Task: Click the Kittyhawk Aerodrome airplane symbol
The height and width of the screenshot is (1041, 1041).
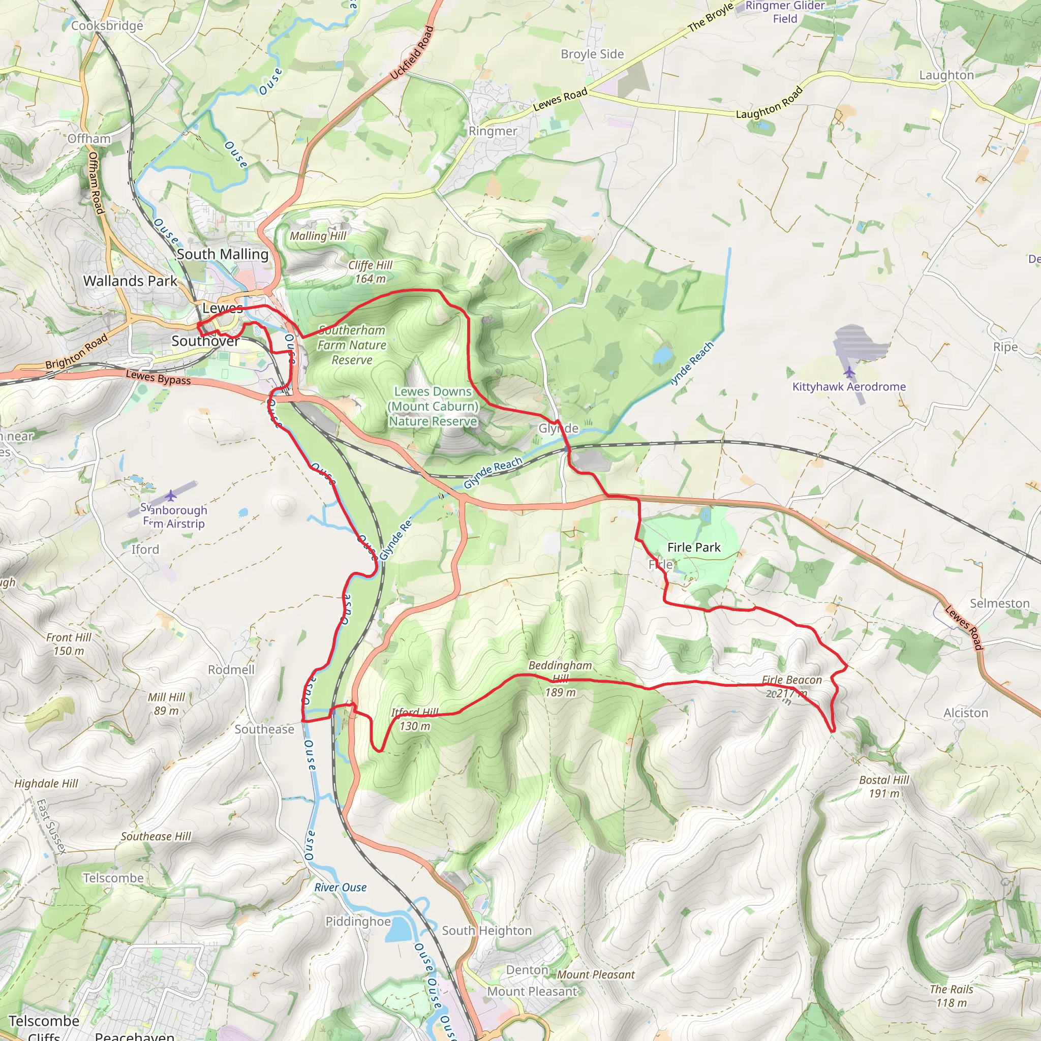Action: [849, 372]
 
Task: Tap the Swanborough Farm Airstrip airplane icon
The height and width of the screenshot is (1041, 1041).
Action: [171, 495]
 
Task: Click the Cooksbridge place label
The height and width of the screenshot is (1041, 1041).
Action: [107, 26]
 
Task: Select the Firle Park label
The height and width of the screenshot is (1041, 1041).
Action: [693, 547]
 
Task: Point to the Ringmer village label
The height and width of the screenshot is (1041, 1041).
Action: [493, 131]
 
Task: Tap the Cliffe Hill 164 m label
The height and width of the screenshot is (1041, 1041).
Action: [370, 271]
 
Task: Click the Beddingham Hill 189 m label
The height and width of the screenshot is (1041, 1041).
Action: [560, 679]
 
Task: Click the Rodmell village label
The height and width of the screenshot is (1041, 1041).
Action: [231, 670]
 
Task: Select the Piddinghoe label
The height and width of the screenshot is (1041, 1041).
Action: [358, 922]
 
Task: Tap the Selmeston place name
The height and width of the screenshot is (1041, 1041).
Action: [999, 603]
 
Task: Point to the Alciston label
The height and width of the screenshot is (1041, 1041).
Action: [966, 713]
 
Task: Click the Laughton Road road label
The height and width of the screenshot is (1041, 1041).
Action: [770, 104]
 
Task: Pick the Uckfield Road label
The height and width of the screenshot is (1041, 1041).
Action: [412, 53]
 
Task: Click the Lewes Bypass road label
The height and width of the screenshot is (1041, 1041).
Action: [159, 377]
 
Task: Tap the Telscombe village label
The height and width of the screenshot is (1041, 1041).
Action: [113, 878]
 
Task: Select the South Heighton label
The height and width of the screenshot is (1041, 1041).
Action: [486, 931]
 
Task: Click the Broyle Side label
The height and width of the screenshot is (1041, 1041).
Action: [592, 54]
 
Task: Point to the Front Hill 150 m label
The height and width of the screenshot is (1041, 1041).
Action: [69, 644]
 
